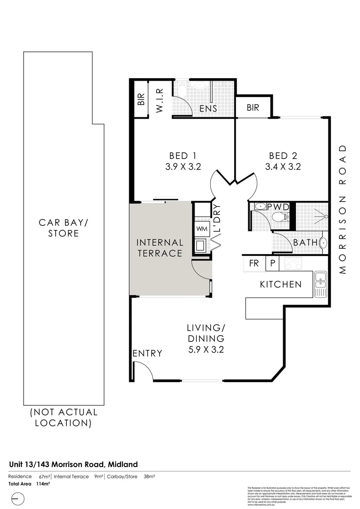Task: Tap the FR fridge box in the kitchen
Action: click(254, 263)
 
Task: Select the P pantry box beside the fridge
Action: click(272, 263)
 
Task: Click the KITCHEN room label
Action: click(281, 284)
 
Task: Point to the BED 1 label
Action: click(182, 156)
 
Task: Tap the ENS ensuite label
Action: click(208, 109)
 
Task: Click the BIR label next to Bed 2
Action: click(253, 108)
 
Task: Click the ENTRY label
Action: click(147, 353)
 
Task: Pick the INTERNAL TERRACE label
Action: click(159, 248)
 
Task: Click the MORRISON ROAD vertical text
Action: click(343, 208)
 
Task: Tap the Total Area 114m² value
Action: click(43, 484)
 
